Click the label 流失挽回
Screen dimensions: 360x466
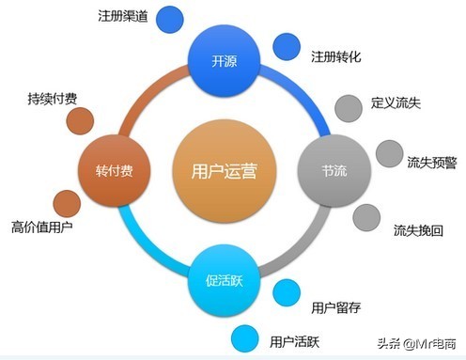pyautogui.click(x=419, y=228)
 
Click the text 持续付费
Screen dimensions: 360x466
pyautogui.click(x=51, y=98)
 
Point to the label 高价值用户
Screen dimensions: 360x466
pyautogui.click(x=41, y=227)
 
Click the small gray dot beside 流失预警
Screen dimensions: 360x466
pyautogui.click(x=389, y=153)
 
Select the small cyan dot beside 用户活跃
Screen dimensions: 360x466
pyautogui.click(x=244, y=336)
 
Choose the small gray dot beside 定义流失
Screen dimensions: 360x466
pyautogui.click(x=349, y=104)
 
